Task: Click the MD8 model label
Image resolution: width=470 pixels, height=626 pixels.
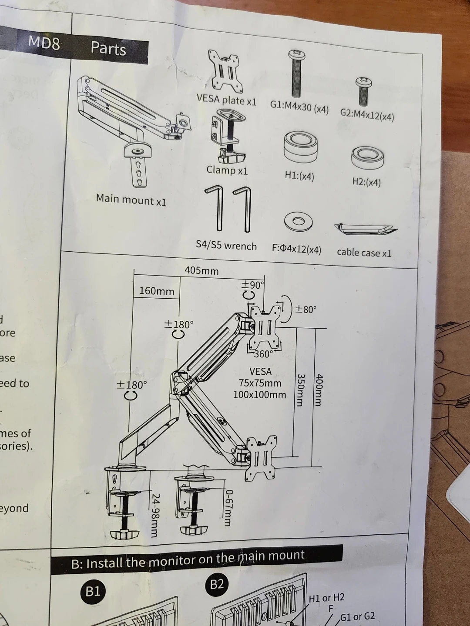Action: pyautogui.click(x=44, y=43)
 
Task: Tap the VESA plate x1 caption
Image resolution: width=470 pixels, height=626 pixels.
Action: pyautogui.click(x=226, y=100)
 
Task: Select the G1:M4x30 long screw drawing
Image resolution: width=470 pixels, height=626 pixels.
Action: pyautogui.click(x=297, y=74)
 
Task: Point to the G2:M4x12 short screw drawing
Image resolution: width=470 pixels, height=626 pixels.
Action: pyautogui.click(x=363, y=91)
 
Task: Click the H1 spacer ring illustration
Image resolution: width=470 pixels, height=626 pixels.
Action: pyautogui.click(x=300, y=147)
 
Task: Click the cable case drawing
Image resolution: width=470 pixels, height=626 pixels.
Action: pyautogui.click(x=366, y=229)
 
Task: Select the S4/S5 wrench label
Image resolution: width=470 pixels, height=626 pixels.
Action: pyautogui.click(x=226, y=246)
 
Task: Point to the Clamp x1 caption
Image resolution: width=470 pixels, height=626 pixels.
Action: pyautogui.click(x=227, y=170)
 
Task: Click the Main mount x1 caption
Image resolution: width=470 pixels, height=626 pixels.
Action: pyautogui.click(x=131, y=200)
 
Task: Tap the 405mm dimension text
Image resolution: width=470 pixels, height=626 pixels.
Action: pyautogui.click(x=201, y=270)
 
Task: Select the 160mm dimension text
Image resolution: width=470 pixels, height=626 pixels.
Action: pyautogui.click(x=157, y=291)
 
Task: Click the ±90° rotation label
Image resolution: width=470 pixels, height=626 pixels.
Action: pyautogui.click(x=253, y=285)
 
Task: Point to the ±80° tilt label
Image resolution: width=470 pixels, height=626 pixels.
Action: pyautogui.click(x=306, y=310)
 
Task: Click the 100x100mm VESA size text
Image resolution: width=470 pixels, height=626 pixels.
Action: pyautogui.click(x=259, y=395)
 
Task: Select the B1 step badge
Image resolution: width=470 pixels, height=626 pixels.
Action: pyautogui.click(x=92, y=591)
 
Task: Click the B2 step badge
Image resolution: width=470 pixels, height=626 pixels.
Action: pyautogui.click(x=216, y=584)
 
